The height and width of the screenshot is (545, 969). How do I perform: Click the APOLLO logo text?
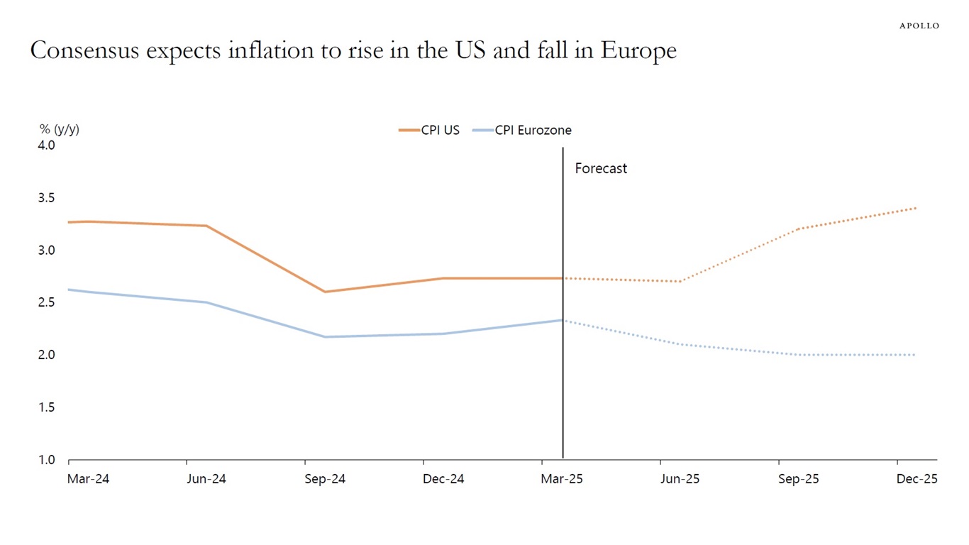click(919, 26)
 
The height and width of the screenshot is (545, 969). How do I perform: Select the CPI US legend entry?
click(430, 130)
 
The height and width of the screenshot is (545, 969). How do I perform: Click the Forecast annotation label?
click(601, 168)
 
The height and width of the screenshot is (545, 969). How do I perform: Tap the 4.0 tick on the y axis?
click(46, 145)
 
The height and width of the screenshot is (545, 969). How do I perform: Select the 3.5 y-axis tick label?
click(46, 197)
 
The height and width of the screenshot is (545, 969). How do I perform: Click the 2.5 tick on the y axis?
click(46, 302)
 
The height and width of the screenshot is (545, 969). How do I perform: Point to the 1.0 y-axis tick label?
click(46, 460)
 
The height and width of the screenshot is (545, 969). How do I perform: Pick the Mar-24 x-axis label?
click(88, 479)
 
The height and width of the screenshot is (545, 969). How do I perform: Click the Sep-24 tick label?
click(325, 479)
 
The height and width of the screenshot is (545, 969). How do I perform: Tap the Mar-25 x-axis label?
click(562, 479)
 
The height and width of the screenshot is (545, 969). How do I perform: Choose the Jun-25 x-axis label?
click(680, 479)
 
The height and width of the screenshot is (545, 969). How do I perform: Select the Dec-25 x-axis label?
click(917, 479)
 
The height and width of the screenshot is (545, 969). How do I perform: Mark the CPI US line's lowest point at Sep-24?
click(326, 292)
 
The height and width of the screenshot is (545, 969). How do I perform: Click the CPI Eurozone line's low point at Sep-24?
click(326, 337)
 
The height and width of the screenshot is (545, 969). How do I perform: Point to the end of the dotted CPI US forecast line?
click(915, 208)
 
